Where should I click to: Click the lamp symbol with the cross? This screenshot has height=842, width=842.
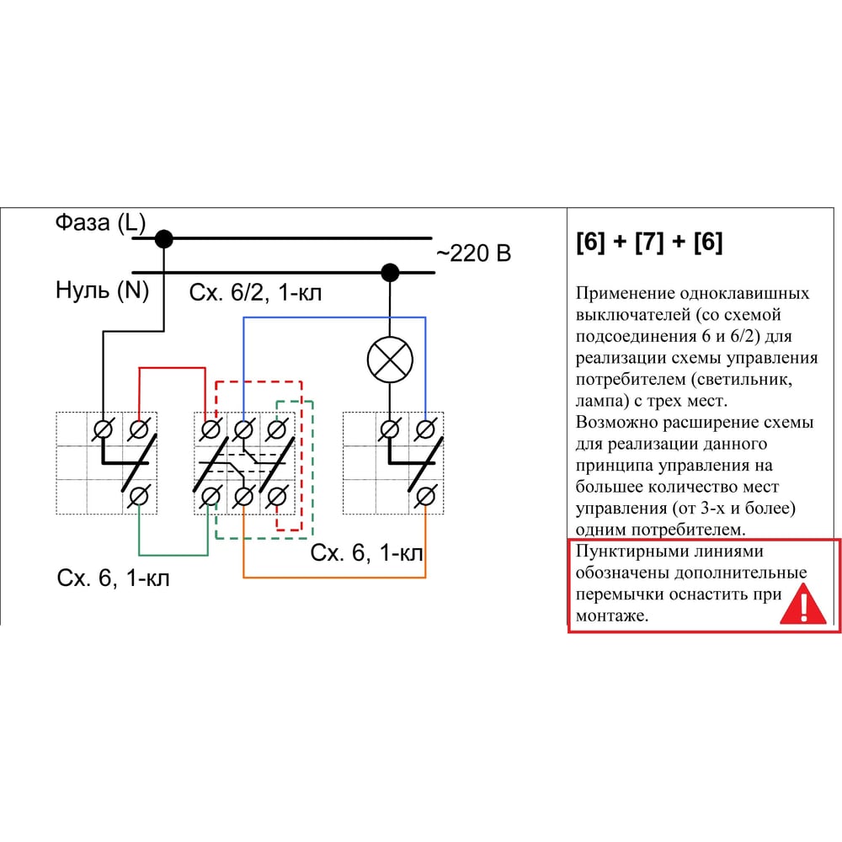coord(391,360)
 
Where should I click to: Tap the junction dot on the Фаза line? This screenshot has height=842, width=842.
coord(164,239)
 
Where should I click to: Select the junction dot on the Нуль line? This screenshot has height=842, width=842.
coord(389,272)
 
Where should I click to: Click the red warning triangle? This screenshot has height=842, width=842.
coord(802,605)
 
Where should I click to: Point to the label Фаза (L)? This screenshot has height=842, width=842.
coord(100,224)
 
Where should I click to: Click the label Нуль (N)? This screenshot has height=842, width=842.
coord(102,291)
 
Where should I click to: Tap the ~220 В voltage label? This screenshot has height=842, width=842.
coord(473,253)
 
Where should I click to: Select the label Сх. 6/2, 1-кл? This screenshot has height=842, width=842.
coord(255,293)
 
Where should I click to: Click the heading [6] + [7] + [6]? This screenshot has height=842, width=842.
coord(648,243)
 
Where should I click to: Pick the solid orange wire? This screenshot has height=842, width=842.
coord(337,577)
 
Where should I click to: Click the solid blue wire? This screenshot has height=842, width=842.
coord(337,317)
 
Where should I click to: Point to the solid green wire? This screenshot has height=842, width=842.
coord(173,554)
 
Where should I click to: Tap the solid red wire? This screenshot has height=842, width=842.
coord(172,368)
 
